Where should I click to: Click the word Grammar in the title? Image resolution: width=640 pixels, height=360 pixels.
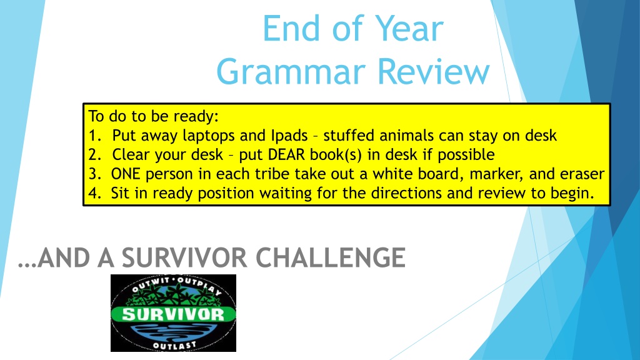[291, 71]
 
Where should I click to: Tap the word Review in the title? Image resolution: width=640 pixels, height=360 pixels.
[434, 71]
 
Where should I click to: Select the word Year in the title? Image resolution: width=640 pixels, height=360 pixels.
[409, 28]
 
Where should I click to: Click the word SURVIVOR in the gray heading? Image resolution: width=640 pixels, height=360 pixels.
[184, 257]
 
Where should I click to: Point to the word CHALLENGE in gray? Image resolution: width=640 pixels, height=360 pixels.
[331, 257]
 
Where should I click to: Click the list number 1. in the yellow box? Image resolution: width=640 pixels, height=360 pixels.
[95, 136]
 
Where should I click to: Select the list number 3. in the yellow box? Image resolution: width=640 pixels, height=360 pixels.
[95, 174]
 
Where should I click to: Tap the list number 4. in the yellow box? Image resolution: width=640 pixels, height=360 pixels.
[95, 193]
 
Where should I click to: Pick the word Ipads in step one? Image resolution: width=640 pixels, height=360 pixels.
[289, 136]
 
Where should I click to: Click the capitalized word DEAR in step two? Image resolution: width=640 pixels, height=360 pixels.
[286, 155]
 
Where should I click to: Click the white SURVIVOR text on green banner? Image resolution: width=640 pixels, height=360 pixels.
[174, 314]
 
